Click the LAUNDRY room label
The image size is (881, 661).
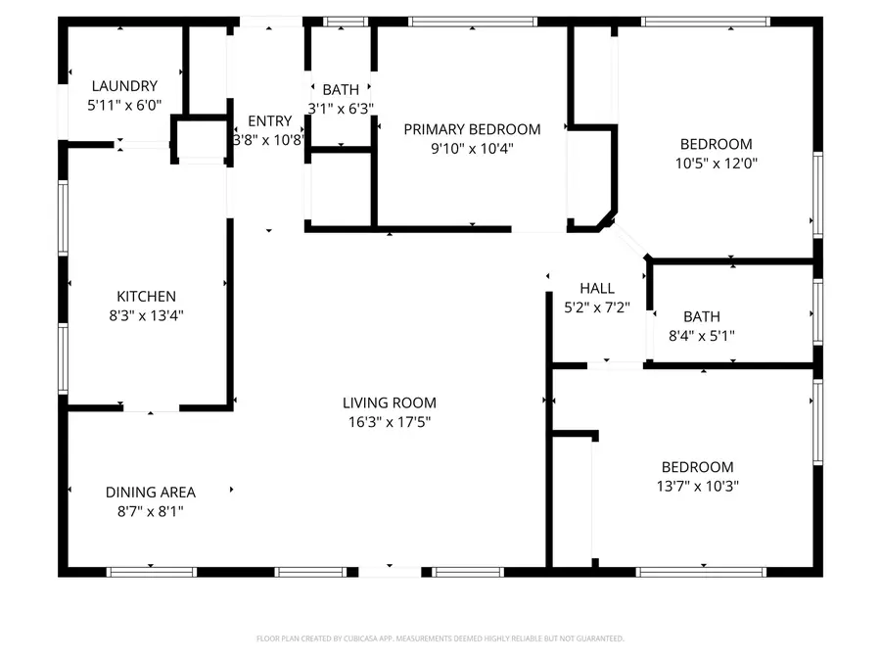[x=124, y=86]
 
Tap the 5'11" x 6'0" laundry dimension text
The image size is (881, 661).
[x=124, y=105]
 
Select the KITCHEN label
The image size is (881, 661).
[x=146, y=297]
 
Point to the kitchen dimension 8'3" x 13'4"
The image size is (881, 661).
[x=146, y=315]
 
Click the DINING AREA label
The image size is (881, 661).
[x=151, y=493]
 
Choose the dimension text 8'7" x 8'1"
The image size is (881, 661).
[x=151, y=511]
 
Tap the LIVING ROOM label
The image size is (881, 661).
[x=389, y=402]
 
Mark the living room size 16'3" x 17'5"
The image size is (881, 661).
[x=389, y=422]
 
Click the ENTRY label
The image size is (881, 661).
[x=269, y=121]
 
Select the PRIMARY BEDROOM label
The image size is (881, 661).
[x=472, y=129]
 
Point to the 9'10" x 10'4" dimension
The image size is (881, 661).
[x=472, y=149]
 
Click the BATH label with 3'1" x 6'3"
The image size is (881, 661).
[x=341, y=89]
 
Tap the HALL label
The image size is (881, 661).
[x=597, y=288]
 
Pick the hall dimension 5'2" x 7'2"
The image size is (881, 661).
[x=597, y=307]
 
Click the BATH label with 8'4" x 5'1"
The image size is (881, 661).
[x=701, y=316]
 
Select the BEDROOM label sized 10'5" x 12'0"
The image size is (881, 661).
[x=716, y=144]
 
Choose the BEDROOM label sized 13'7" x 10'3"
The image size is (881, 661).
[x=697, y=467]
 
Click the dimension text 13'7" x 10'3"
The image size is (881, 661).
[x=697, y=486]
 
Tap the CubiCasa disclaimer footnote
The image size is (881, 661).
[x=440, y=638]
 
